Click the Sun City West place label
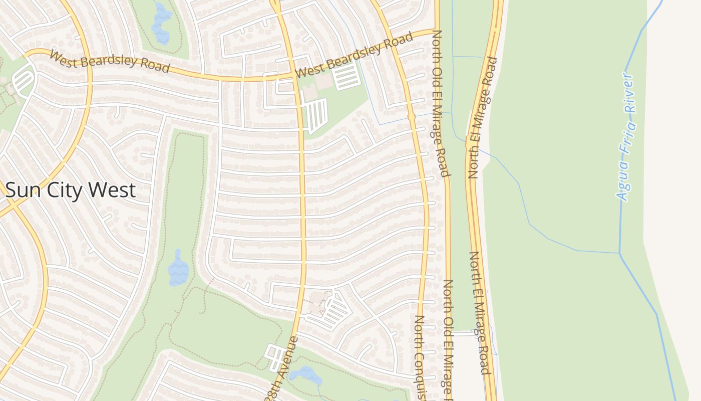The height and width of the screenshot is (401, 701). pos(71,190)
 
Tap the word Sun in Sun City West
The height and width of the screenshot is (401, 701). pos(23,190)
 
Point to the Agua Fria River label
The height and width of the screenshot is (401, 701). pos(626,136)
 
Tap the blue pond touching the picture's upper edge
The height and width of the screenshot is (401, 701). pos(161,23)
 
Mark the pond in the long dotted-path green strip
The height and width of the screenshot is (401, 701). pos(178,268)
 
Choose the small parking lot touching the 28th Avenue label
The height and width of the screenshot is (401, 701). pos(275,357)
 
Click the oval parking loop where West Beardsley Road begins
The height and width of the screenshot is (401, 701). pos(23,80)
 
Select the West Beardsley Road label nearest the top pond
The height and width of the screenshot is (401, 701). pos(110,61)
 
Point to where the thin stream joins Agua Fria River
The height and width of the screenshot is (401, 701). pos(620,253)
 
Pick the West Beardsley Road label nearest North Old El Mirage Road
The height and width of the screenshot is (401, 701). pos(355,55)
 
